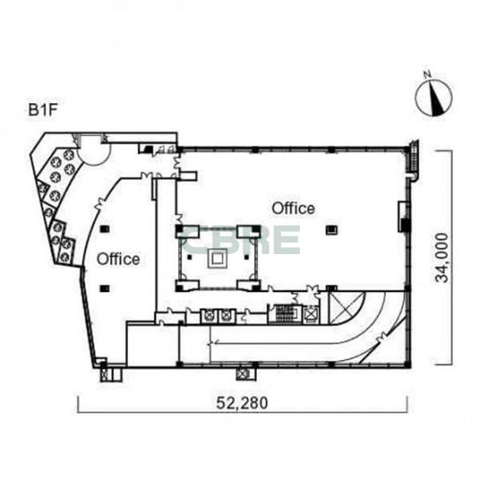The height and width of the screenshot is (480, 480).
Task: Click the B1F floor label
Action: pos(43,110)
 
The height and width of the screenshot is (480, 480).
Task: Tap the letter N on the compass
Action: pos(427,74)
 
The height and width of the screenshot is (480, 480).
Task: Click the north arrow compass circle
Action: pos(433,98)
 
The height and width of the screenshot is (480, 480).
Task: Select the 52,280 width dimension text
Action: pos(242,402)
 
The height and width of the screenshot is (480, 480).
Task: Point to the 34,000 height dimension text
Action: pos(442,258)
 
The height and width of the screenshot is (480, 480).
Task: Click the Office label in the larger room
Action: pos(293,208)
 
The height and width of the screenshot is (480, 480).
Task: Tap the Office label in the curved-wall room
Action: pos(118,259)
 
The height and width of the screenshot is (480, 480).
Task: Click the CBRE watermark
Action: pos(240,239)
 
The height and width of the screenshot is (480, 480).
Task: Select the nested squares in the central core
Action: pos(217,259)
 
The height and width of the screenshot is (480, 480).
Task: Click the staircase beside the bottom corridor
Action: pos(285,314)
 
